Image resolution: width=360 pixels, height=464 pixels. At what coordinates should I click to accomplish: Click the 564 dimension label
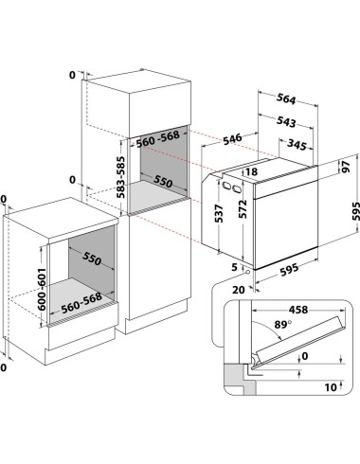286,99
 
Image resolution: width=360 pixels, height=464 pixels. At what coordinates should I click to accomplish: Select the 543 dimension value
286,122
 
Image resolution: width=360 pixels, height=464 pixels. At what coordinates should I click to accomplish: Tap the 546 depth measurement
232,139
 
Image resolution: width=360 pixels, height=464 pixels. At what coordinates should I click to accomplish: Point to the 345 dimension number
297,145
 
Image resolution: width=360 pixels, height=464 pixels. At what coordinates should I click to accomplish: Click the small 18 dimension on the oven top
251,171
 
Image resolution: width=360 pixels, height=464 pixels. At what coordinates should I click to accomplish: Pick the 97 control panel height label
346,167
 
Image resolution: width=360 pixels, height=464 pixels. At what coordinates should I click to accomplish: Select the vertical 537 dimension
219,213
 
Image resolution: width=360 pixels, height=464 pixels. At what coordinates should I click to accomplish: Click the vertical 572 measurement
243,209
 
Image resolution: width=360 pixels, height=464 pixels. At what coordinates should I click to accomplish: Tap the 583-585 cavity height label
120,177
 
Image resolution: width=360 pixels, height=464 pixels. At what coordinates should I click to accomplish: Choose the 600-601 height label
42,290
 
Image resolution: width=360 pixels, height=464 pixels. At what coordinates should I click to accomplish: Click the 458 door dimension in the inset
298,310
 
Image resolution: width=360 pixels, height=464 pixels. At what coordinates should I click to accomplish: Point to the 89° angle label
282,324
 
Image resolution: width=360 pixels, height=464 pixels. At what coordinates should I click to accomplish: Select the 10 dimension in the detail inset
331,387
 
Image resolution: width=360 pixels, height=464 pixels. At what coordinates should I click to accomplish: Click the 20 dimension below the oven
239,290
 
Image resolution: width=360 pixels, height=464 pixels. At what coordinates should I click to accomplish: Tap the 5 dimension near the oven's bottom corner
234,267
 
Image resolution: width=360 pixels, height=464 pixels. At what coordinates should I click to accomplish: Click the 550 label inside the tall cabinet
163,181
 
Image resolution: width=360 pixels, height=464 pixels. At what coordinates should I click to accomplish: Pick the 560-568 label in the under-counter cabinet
81,303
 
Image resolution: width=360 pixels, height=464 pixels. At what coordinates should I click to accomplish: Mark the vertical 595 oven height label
355,211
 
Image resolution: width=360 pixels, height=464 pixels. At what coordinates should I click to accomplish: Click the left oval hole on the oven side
225,186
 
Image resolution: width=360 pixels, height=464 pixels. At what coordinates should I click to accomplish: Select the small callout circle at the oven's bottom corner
248,272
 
